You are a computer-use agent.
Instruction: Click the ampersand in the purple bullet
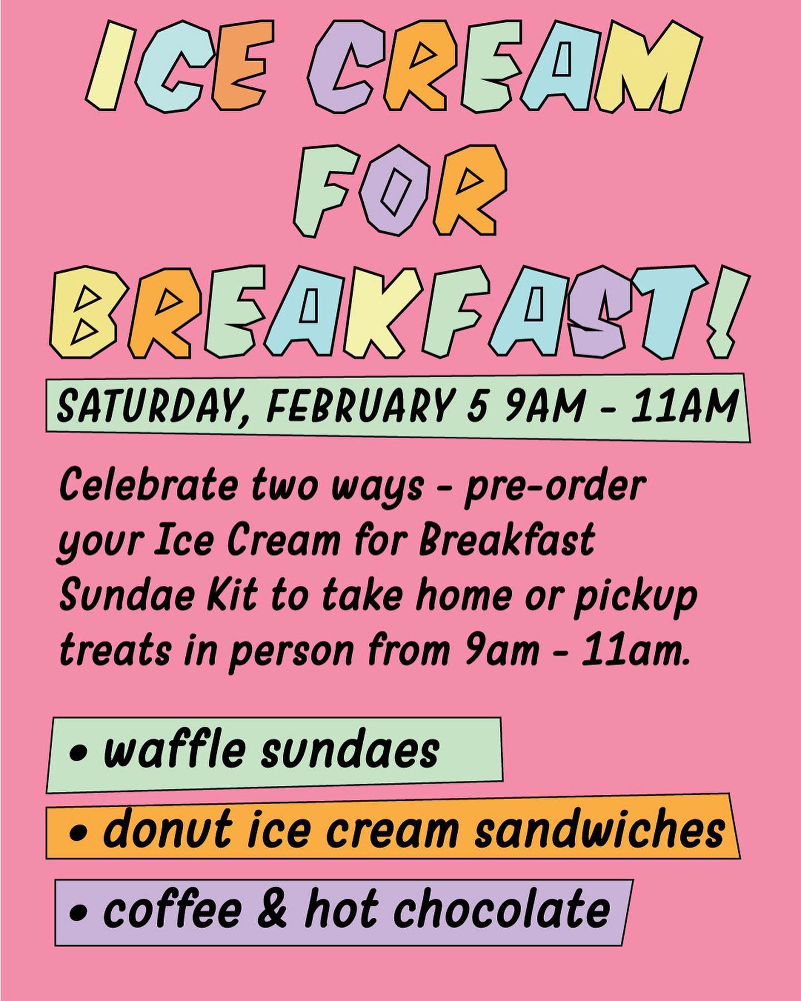(x=272, y=910)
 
